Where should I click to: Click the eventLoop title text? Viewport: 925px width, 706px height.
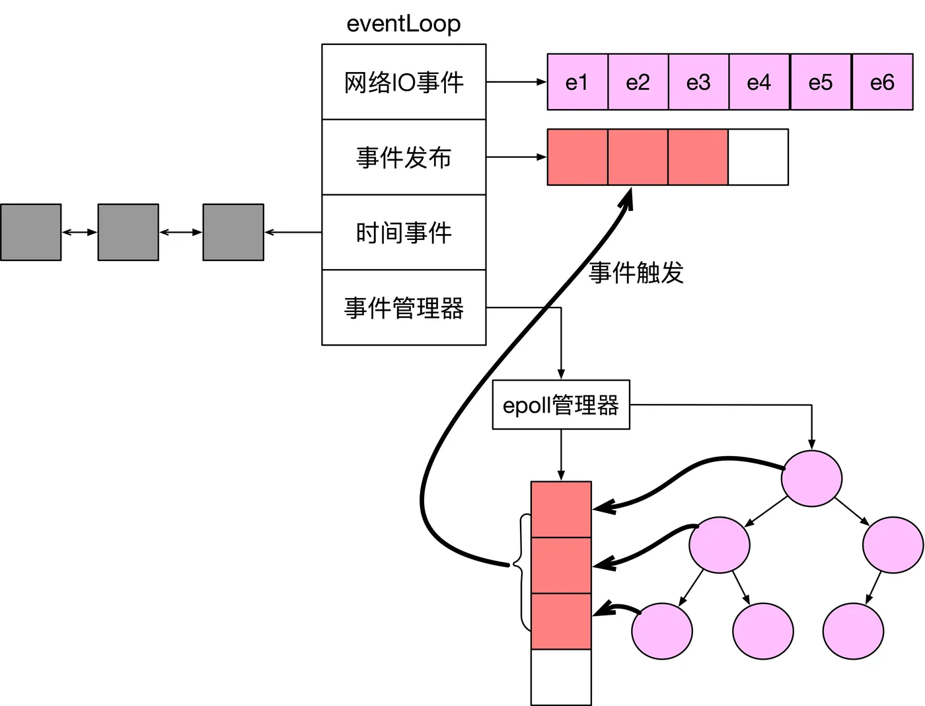(403, 24)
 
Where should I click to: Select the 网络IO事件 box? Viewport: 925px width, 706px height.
(404, 82)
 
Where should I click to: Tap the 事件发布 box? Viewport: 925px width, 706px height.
(404, 157)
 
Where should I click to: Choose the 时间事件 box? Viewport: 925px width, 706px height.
(404, 232)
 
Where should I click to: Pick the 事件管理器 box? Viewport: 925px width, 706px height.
(404, 307)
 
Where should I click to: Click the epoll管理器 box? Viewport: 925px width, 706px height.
(561, 405)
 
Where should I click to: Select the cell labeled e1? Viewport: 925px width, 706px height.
(577, 82)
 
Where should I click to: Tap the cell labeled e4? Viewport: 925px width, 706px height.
(759, 82)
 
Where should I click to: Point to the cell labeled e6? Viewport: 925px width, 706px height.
(883, 82)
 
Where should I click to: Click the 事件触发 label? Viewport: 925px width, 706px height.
(636, 273)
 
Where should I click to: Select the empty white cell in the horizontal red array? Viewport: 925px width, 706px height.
(758, 157)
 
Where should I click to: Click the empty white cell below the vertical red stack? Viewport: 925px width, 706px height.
(561, 678)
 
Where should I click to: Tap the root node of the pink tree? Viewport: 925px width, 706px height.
(811, 479)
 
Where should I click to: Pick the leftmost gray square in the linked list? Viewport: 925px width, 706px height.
(31, 232)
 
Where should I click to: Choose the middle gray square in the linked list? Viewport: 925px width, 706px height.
(128, 232)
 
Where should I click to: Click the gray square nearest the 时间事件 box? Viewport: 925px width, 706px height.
(233, 232)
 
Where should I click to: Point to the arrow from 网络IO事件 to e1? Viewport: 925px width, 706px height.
(516, 82)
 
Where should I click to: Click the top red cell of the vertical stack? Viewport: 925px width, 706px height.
(561, 510)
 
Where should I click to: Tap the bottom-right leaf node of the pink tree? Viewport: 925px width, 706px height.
(853, 631)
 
